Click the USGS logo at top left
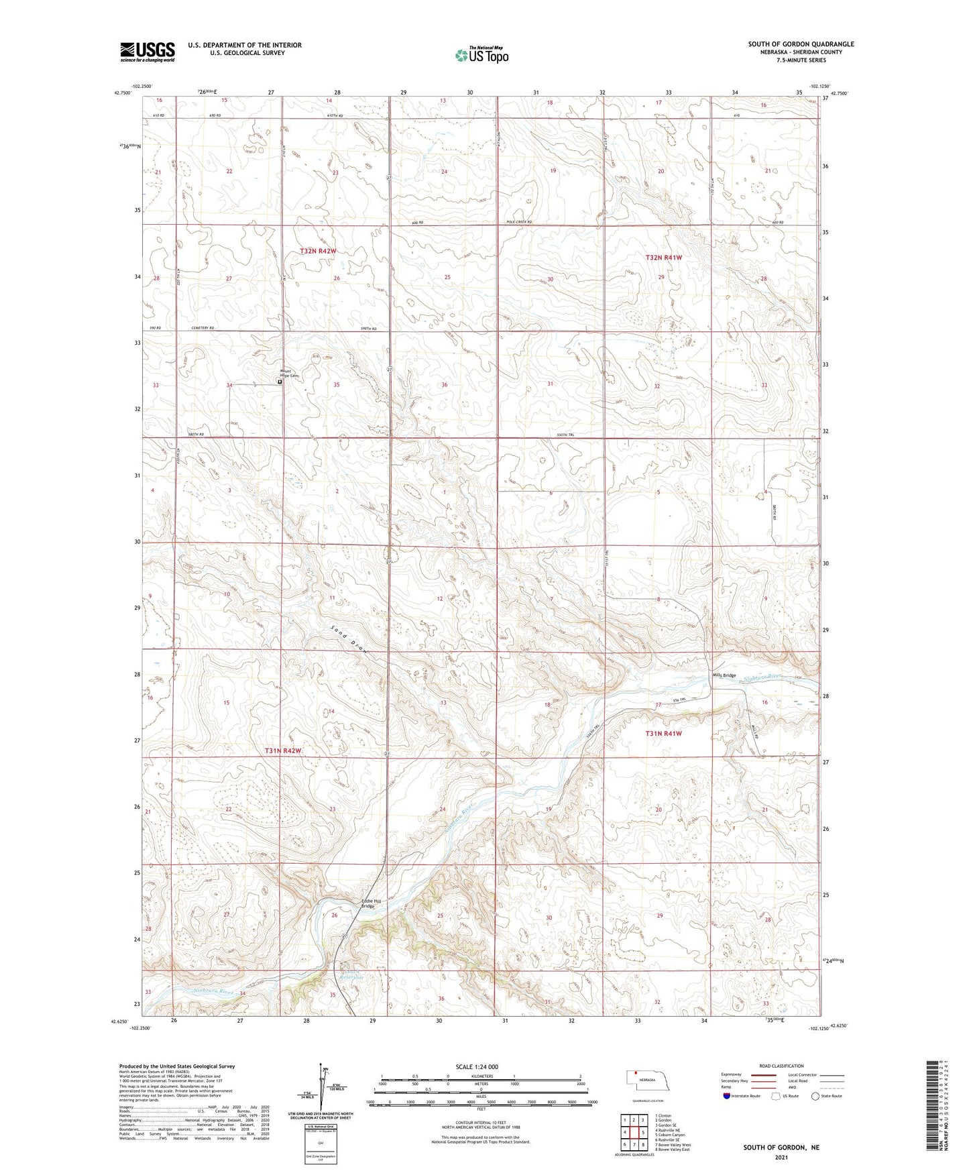click(x=148, y=51)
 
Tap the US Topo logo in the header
click(x=481, y=55)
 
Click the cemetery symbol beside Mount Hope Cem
click(x=280, y=382)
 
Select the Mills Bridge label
click(x=724, y=675)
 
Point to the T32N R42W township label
click(x=318, y=251)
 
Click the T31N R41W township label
click(x=663, y=734)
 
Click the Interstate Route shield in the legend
click(x=727, y=1096)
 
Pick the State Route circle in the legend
click(x=815, y=1096)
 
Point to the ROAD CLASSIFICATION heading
click(x=781, y=1066)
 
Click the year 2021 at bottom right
click(x=781, y=1158)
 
